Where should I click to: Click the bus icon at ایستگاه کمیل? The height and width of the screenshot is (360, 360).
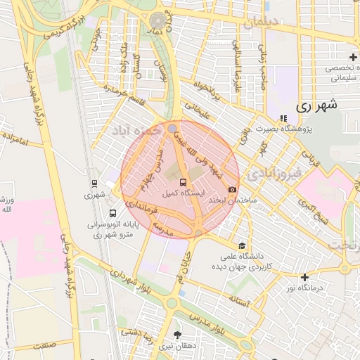pos(184,181)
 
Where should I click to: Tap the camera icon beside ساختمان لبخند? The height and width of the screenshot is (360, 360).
pos(232,190)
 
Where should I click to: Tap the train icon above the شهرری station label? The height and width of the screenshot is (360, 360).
pos(94,184)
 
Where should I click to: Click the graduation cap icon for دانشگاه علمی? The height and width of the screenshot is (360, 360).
pos(242,245)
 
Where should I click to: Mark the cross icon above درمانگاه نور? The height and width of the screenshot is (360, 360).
pos(304,278)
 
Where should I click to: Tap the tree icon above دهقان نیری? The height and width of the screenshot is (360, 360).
pos(176,335)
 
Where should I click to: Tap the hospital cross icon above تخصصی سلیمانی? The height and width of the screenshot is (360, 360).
pos(353,56)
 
